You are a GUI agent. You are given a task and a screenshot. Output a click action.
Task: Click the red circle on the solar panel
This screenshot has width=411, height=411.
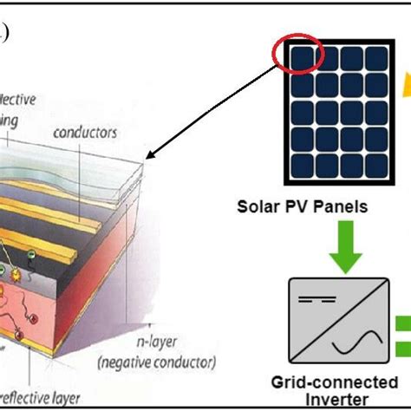[x=297, y=55]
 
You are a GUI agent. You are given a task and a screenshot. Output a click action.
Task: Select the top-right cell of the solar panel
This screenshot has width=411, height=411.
[x=374, y=57]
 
